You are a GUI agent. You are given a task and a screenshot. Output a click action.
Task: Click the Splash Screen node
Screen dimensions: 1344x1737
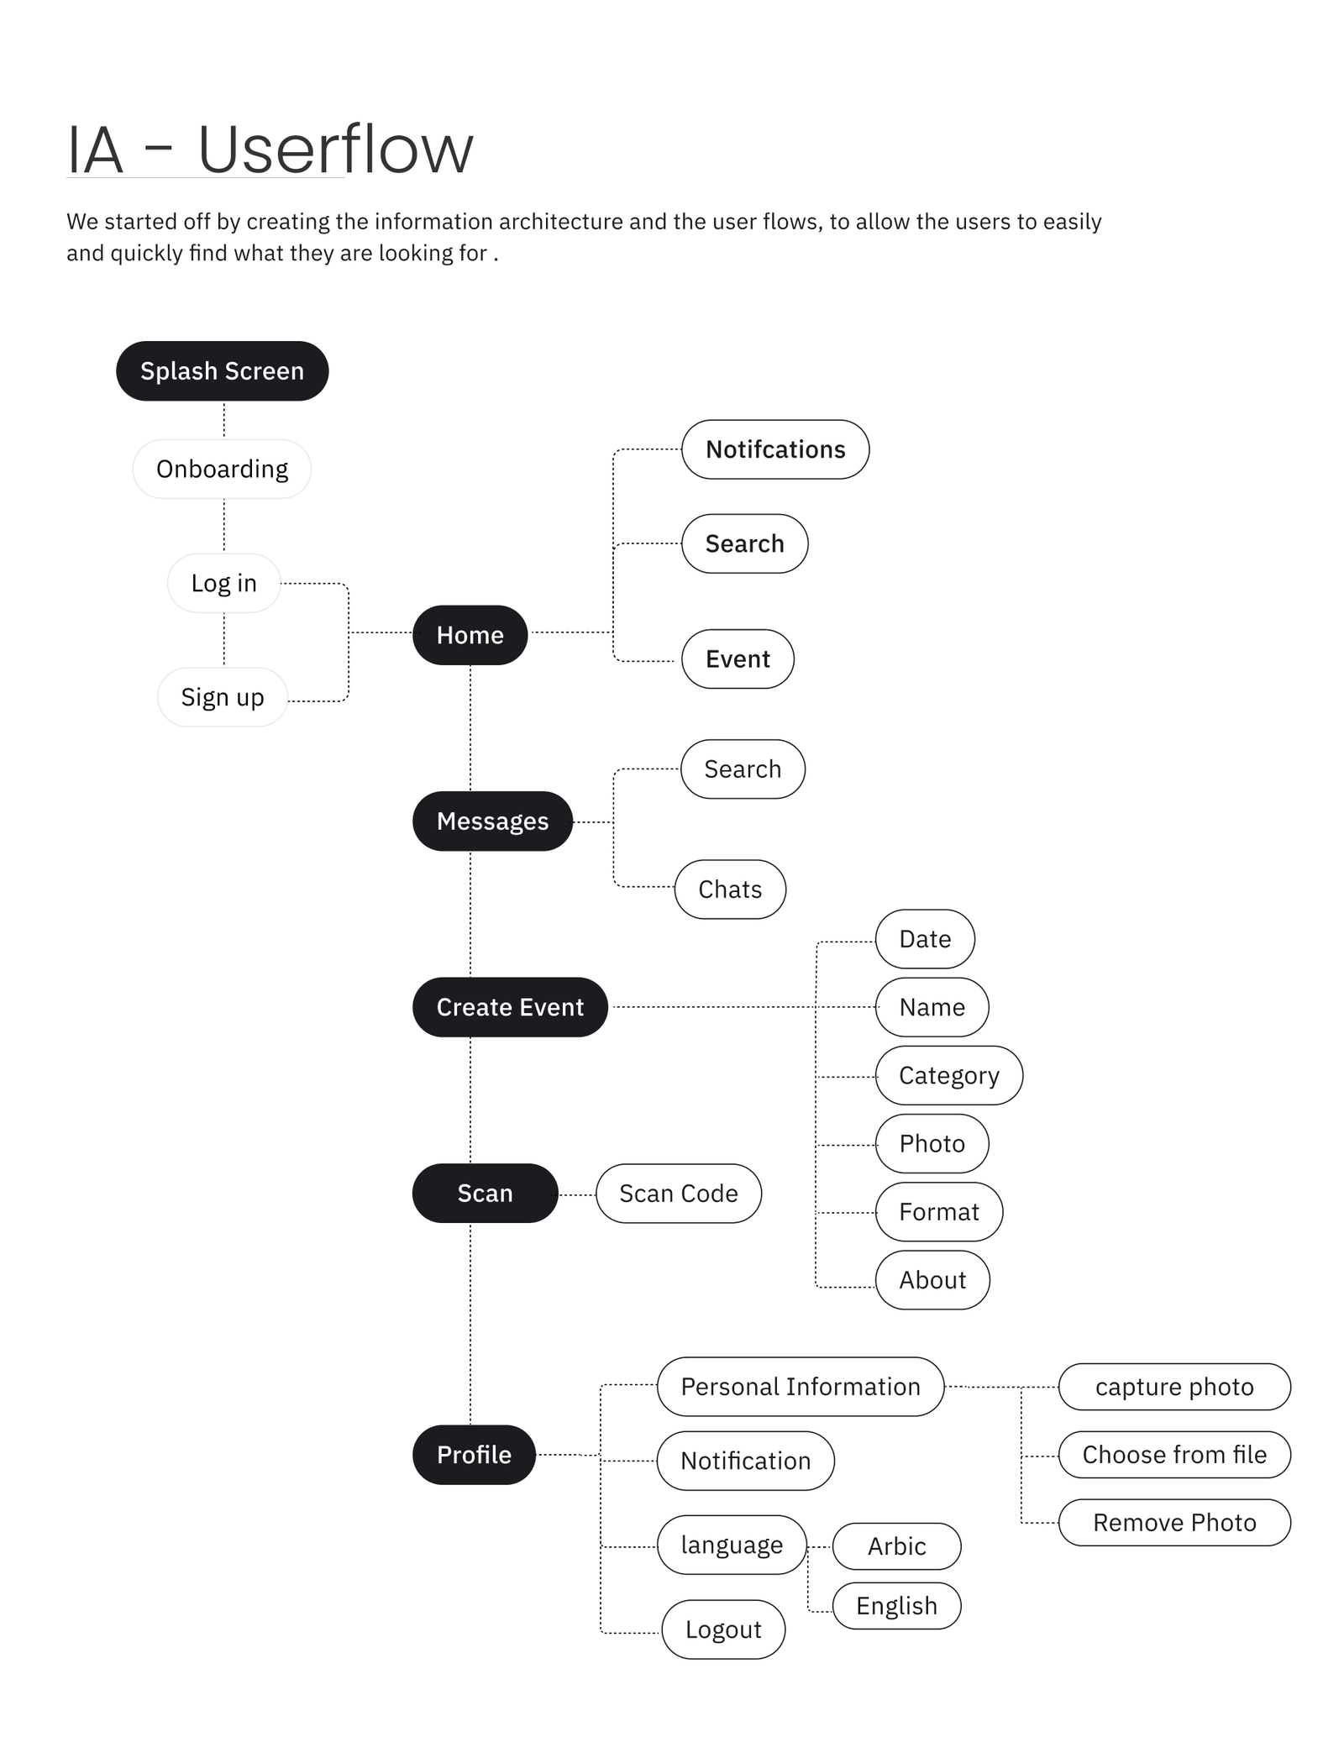(x=222, y=370)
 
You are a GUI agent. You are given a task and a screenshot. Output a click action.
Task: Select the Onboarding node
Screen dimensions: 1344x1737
(x=222, y=469)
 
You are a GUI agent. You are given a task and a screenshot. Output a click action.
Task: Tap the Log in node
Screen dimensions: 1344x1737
(x=223, y=583)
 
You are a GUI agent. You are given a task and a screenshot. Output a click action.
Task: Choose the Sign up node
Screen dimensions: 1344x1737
(x=223, y=697)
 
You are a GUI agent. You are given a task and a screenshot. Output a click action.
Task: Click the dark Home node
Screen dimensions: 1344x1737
(x=470, y=635)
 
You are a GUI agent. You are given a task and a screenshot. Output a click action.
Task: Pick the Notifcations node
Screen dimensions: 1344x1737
(x=775, y=449)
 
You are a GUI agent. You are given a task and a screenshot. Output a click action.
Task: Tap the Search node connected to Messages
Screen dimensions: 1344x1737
(x=743, y=769)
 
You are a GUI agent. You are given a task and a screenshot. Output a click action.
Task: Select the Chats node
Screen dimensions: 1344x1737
(x=730, y=889)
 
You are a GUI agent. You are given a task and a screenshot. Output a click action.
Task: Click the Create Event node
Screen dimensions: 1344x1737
(x=510, y=1007)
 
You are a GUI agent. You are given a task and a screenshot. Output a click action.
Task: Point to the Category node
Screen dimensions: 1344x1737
(x=949, y=1075)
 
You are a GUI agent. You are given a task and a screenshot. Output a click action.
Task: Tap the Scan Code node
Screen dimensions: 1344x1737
(x=679, y=1194)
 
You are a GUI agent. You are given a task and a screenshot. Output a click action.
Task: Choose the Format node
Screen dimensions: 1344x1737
(x=939, y=1211)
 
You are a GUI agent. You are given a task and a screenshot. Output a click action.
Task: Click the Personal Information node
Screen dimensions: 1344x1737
(x=801, y=1387)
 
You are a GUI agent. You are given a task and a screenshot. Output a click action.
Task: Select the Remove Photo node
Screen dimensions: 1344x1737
(x=1174, y=1522)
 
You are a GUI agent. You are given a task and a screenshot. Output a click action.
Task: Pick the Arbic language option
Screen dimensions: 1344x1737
(x=896, y=1545)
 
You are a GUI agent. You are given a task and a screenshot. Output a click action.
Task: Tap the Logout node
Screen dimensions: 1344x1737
(x=723, y=1629)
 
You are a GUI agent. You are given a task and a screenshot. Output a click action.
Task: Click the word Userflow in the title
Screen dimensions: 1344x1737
(x=335, y=149)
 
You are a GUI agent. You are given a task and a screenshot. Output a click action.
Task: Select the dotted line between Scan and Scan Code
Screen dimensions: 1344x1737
(x=577, y=1194)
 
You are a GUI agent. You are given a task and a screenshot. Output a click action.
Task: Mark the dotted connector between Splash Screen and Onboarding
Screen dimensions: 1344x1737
(x=223, y=420)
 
